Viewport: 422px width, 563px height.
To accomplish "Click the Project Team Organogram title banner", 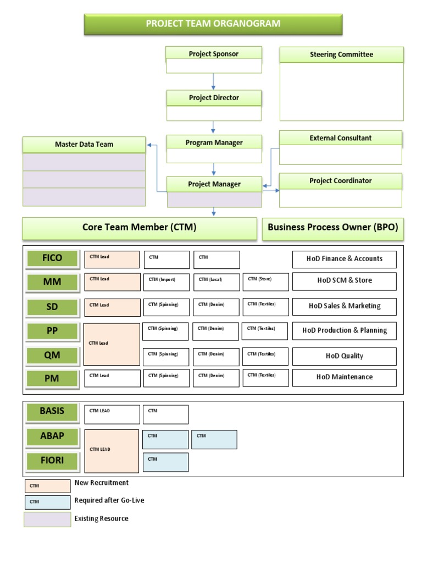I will [213, 24].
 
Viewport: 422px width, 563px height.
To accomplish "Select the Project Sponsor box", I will [214, 54].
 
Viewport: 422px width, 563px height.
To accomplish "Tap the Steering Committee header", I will [341, 54].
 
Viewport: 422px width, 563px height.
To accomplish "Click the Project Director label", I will [214, 98].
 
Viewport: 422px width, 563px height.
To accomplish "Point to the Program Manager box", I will [214, 143].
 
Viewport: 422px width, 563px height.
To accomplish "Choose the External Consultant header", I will [340, 139].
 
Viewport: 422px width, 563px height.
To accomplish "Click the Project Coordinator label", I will [340, 181].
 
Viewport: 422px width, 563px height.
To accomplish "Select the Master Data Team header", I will [84, 145].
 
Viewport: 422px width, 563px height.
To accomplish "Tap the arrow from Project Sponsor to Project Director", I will [214, 81].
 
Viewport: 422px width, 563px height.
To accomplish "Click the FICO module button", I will [52, 258].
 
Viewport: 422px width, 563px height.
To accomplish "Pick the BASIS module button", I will [52, 411].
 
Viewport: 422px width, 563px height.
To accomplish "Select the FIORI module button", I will [52, 461].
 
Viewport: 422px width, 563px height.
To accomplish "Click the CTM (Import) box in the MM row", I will [166, 282].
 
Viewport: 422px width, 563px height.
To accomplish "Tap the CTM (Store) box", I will [265, 282].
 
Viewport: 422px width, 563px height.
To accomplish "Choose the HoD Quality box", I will [344, 356].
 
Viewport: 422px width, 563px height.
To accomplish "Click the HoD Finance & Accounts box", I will [344, 259].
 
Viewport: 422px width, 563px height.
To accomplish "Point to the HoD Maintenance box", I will [344, 377].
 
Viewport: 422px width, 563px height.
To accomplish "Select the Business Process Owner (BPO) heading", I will [332, 228].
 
